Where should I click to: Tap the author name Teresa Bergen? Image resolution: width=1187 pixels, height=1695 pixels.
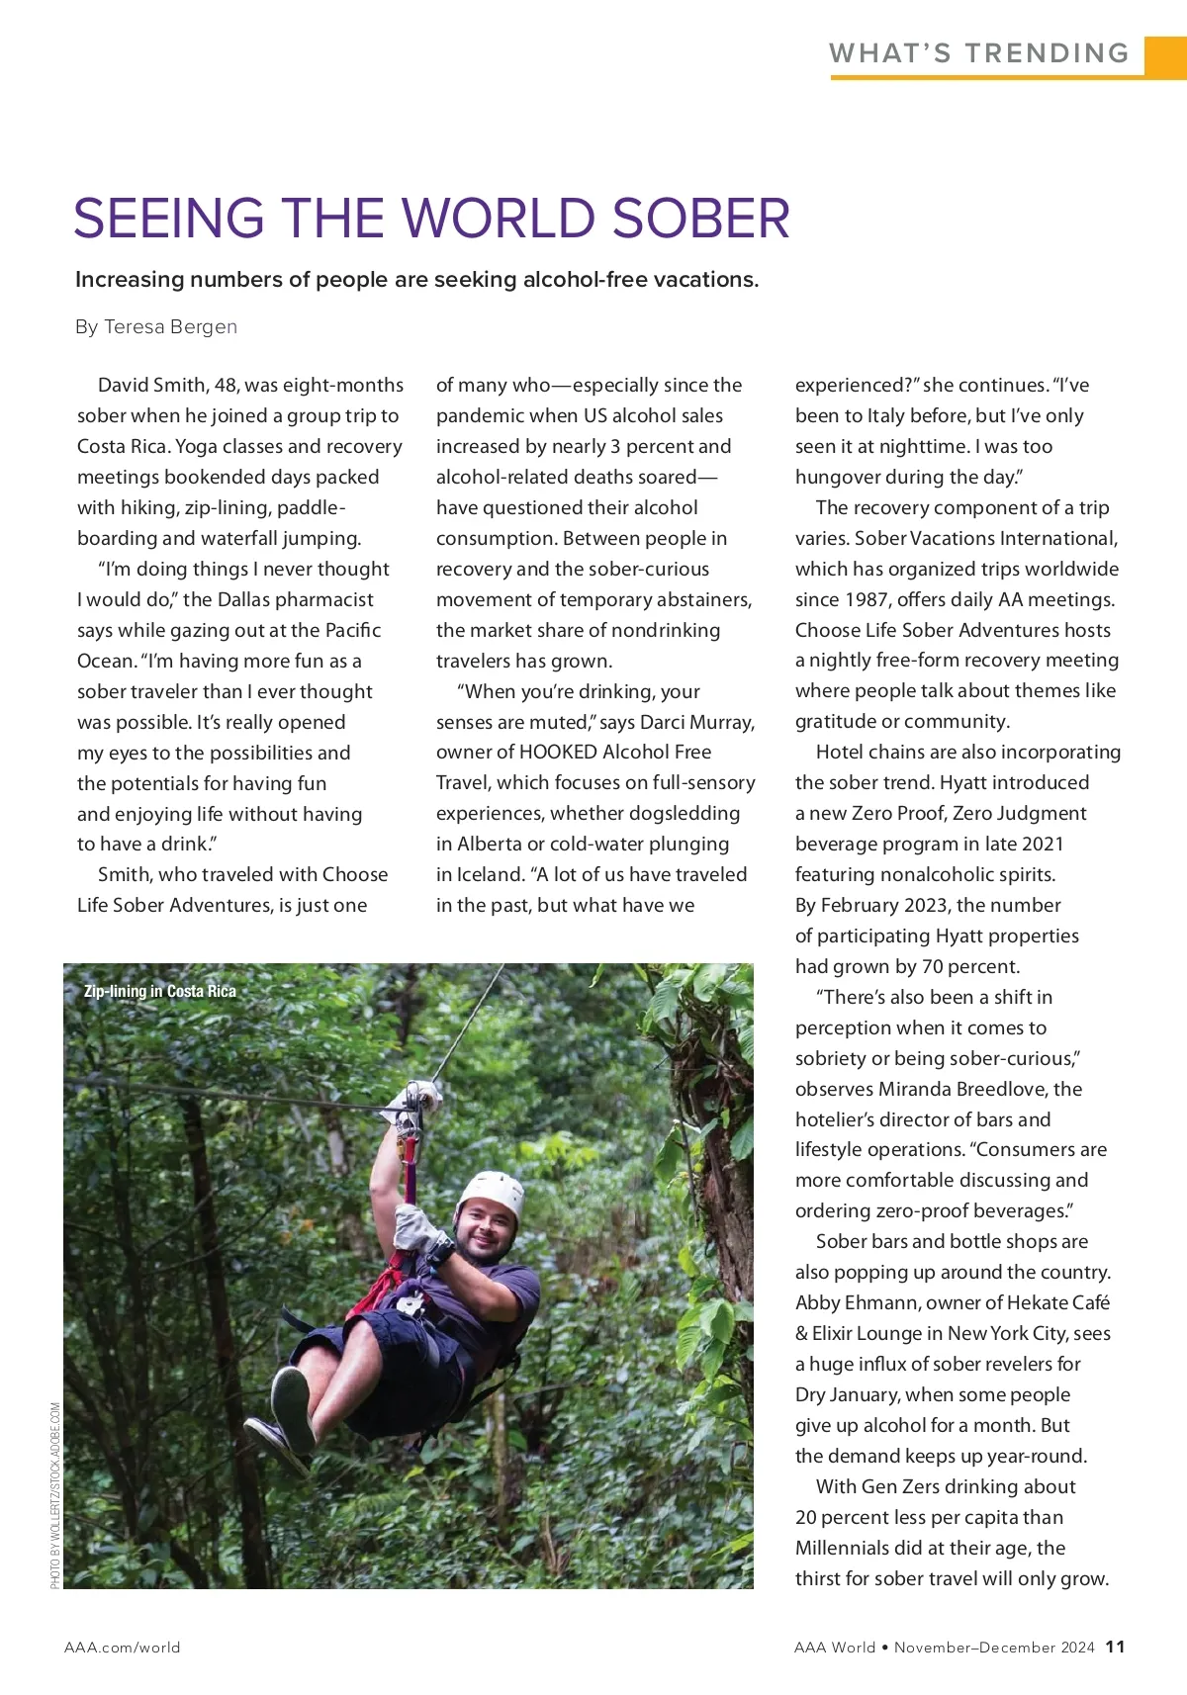click(x=170, y=327)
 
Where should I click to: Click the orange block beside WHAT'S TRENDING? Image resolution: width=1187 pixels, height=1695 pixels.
click(x=1165, y=55)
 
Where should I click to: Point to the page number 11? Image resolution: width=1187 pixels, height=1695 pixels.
click(x=1115, y=1647)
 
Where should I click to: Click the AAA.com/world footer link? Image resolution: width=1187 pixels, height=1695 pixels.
click(x=123, y=1648)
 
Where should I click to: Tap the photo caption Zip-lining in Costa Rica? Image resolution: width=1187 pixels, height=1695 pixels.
click(x=160, y=991)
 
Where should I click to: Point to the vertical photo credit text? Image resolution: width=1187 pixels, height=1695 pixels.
click(x=55, y=1494)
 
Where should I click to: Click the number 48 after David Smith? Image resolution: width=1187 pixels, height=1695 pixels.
click(x=227, y=385)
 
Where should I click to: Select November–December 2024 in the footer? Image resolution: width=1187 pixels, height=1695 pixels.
click(x=994, y=1648)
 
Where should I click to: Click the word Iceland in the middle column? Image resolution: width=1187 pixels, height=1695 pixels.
click(x=489, y=875)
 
